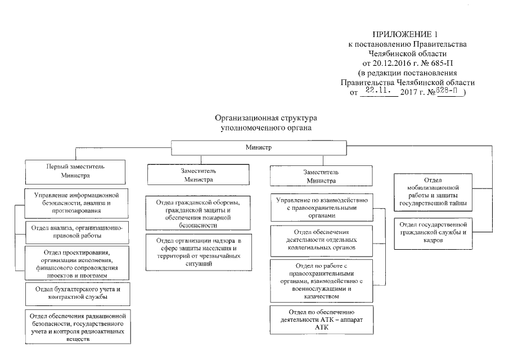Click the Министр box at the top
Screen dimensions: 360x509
[x=258, y=148]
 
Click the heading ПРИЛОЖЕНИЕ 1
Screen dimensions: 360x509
[x=407, y=35]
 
